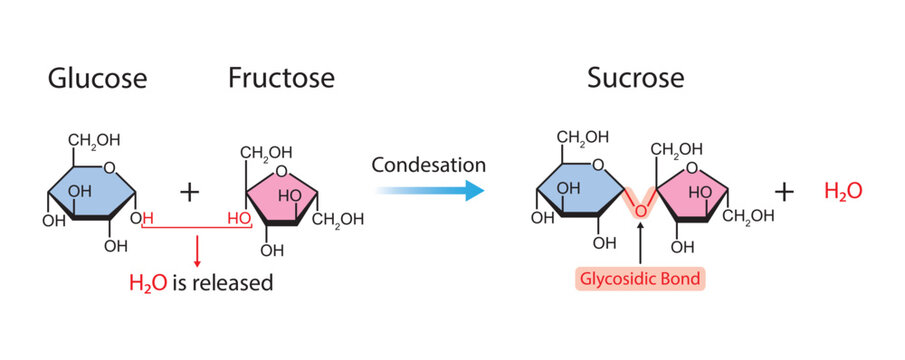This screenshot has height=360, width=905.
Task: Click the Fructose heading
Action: coord(281,77)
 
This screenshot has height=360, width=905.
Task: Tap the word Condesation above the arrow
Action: coord(429,164)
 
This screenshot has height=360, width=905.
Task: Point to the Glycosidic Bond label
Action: coord(639,277)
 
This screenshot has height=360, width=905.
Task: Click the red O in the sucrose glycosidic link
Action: coord(640,209)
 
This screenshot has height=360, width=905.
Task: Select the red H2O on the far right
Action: coord(843,190)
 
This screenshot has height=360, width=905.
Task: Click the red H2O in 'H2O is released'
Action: coord(148,283)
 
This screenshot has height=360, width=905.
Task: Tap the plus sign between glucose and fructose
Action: coord(189,190)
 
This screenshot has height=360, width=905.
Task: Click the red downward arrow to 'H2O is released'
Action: coord(197,247)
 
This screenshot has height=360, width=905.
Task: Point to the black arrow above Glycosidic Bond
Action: coord(640,244)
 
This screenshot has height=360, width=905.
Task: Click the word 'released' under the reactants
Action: coord(238,283)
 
